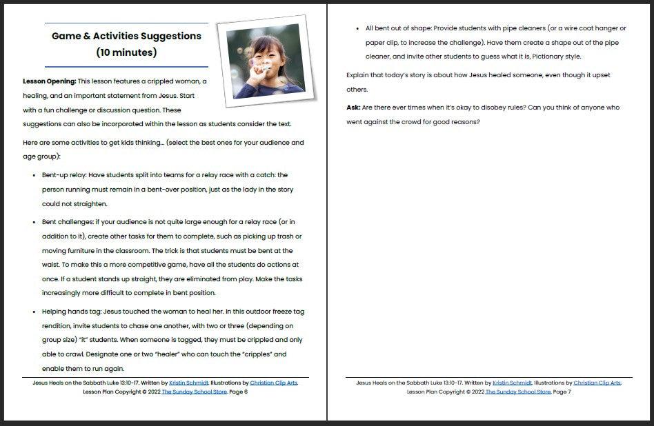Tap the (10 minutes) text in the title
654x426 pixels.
tap(126, 52)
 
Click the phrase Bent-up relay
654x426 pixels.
tap(64, 175)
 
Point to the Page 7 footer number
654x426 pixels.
tap(562, 392)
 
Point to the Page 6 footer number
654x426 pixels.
tap(237, 392)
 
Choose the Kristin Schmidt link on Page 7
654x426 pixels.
tap(513, 383)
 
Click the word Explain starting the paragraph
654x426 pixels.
tap(359, 75)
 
